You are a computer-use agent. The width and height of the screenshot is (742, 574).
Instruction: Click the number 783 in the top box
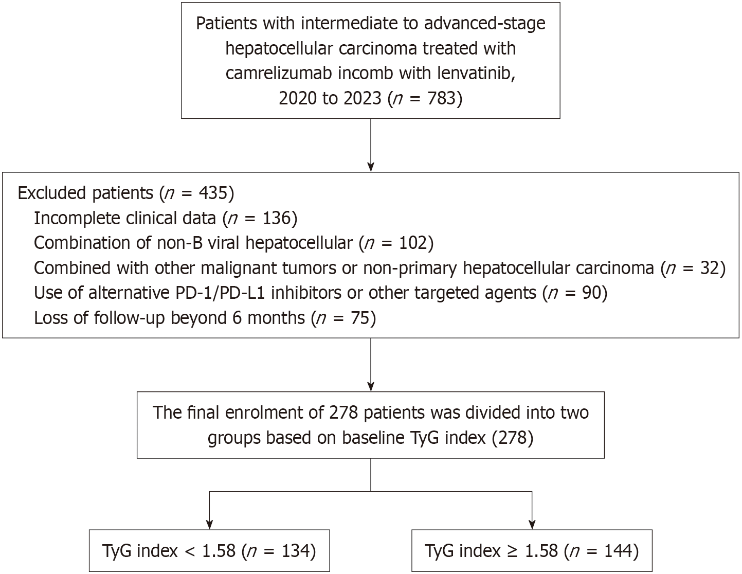click(441, 98)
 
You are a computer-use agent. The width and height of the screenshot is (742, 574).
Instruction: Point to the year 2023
click(363, 98)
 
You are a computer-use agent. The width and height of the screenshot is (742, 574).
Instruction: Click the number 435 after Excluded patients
click(213, 193)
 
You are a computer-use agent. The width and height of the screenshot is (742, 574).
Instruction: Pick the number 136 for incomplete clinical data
click(277, 218)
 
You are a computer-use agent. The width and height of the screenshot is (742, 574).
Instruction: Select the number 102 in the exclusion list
click(413, 243)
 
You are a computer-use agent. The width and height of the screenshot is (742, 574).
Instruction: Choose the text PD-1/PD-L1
click(220, 293)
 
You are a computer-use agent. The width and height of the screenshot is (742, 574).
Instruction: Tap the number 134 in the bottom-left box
click(296, 551)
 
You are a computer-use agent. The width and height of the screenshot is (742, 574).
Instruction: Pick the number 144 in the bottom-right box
click(618, 551)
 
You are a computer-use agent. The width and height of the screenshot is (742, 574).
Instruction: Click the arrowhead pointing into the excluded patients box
click(371, 167)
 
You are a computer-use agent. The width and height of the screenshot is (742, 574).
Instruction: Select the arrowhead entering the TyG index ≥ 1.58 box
click(532, 525)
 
